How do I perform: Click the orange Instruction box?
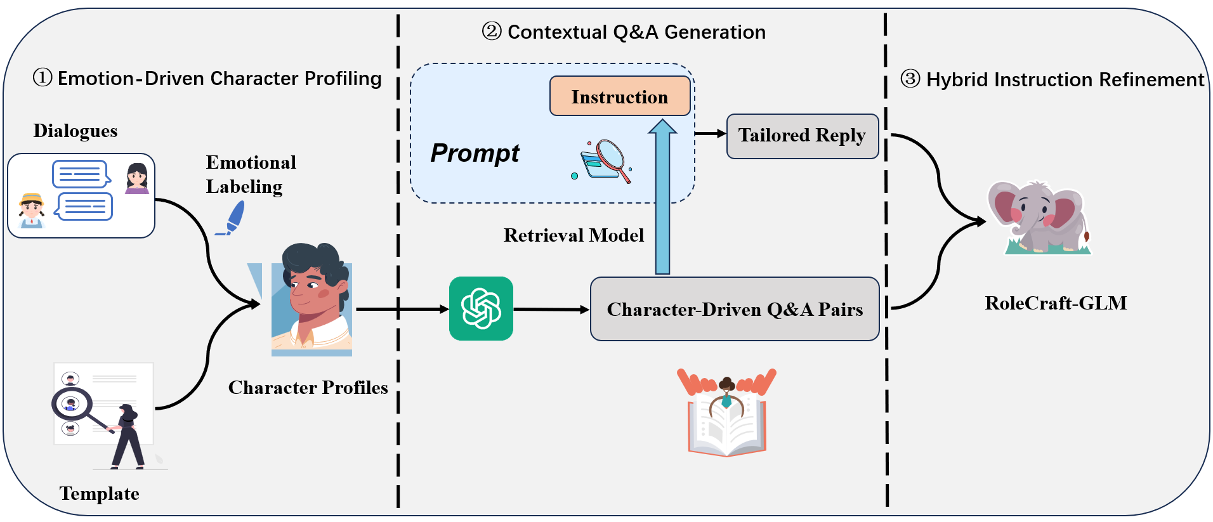click(x=619, y=96)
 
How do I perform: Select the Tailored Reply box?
click(x=802, y=136)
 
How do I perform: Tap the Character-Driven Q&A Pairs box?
click(x=734, y=309)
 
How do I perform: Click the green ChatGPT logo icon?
click(x=481, y=308)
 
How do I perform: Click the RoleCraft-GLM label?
click(x=1056, y=303)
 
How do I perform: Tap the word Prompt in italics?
click(x=475, y=153)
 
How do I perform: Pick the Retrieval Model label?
click(x=574, y=235)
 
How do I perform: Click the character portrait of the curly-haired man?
click(x=311, y=299)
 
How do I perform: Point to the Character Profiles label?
click(x=308, y=388)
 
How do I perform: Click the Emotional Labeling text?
click(x=251, y=174)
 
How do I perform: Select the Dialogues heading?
click(x=75, y=131)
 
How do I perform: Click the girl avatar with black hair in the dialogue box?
click(x=137, y=178)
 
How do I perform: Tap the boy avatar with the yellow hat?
click(x=32, y=210)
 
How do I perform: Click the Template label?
click(x=99, y=493)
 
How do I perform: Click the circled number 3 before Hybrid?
click(x=910, y=79)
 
